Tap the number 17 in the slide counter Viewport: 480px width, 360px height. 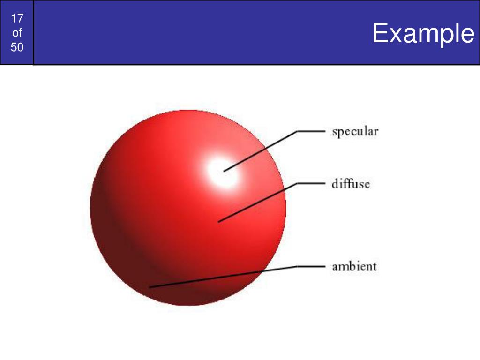(17, 19)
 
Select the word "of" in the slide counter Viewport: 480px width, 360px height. (17, 33)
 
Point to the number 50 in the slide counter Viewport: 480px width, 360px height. (17, 47)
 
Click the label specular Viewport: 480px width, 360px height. (355, 132)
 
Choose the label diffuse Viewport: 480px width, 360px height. (351, 183)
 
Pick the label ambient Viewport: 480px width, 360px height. (354, 267)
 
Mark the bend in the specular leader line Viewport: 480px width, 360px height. (297, 132)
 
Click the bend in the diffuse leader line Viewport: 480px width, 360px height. (297, 183)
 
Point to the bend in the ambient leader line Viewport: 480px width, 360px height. (297, 267)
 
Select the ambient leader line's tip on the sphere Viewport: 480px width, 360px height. (150, 286)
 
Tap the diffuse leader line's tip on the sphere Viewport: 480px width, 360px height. (218, 221)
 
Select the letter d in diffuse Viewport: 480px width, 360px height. (336, 183)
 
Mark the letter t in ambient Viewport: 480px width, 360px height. (374, 267)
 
